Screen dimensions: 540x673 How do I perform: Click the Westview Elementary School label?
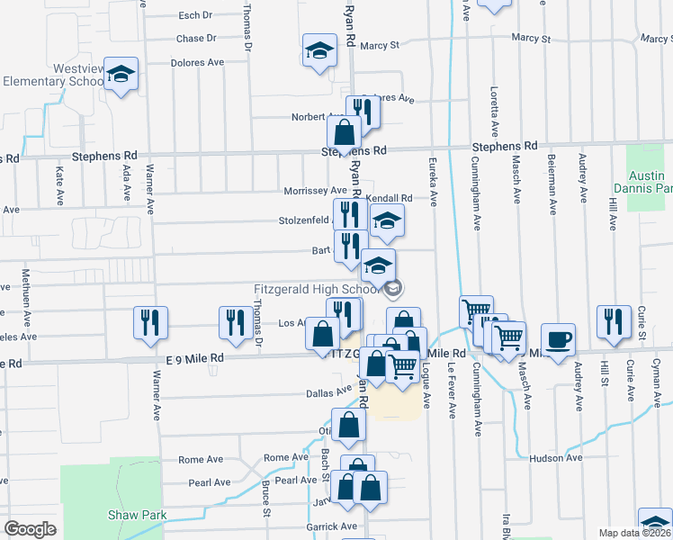click(54, 75)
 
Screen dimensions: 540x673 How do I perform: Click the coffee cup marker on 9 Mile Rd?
click(558, 339)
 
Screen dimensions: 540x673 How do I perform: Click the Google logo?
click(30, 529)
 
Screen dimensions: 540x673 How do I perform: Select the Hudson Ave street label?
click(557, 458)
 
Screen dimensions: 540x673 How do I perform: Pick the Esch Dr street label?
click(194, 15)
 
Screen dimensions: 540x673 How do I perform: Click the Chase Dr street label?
click(196, 39)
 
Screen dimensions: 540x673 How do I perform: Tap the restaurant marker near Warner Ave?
click(150, 323)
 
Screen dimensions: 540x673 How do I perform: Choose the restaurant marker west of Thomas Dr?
click(236, 323)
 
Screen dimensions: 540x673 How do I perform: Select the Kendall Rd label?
click(389, 198)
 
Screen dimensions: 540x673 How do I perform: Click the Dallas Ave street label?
click(328, 392)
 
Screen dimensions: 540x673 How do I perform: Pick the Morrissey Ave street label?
click(314, 191)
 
